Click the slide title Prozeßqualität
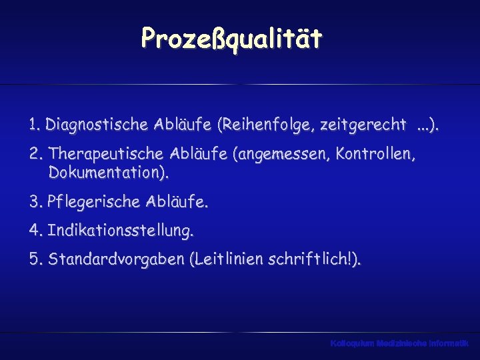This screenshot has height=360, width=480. click(x=231, y=39)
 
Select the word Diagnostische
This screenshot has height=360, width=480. click(x=90, y=125)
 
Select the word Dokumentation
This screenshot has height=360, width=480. click(x=107, y=174)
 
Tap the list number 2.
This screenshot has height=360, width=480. click(x=35, y=155)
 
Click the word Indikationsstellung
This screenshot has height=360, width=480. click(x=120, y=232)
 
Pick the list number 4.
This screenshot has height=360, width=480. click(x=35, y=232)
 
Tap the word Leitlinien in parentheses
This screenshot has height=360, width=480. click(x=228, y=259)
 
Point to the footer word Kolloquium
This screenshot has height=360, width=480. click(x=352, y=343)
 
